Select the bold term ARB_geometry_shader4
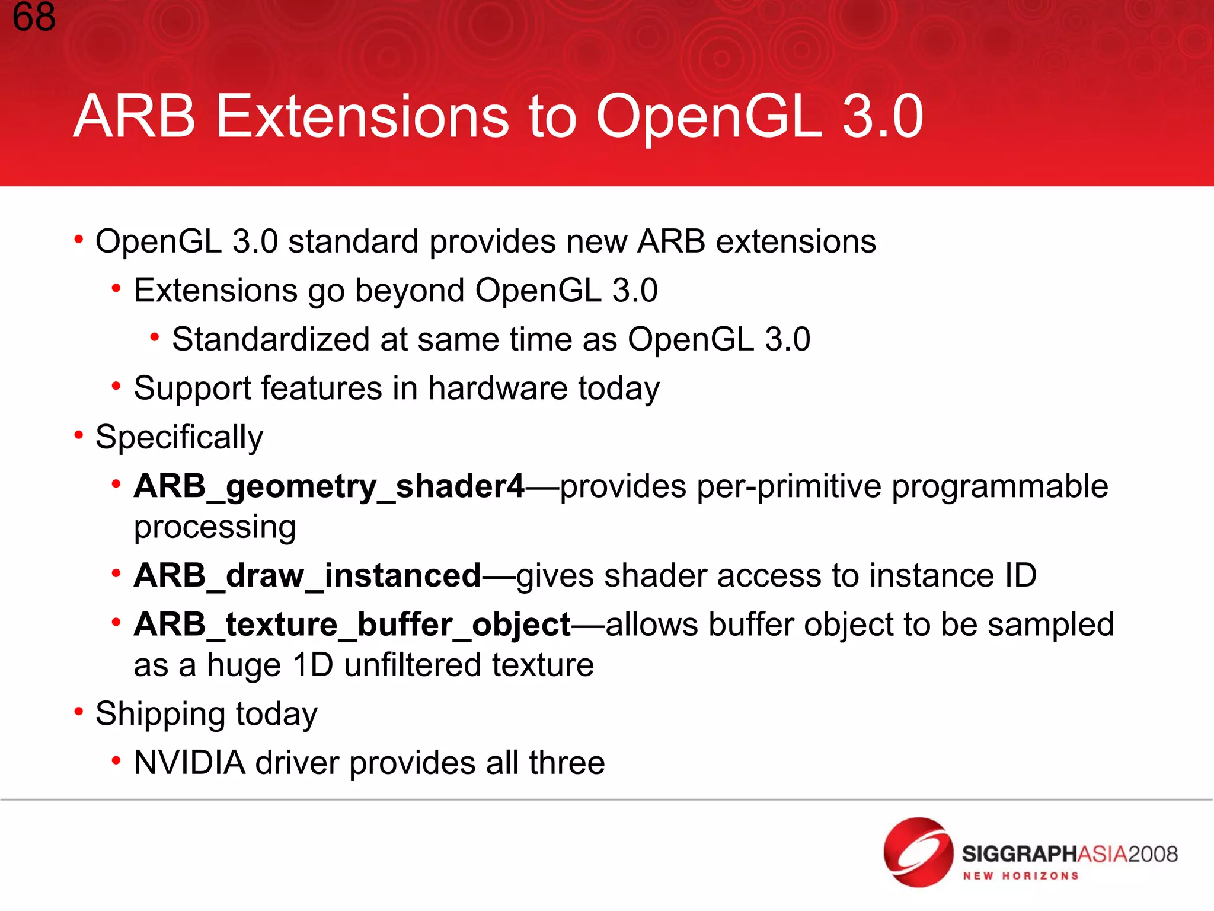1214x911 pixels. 329,487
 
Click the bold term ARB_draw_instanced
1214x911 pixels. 307,576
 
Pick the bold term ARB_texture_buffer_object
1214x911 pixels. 352,625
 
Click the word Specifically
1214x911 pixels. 179,438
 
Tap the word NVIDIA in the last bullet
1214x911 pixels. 190,763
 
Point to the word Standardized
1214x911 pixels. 271,339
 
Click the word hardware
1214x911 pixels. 498,388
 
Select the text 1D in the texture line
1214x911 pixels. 313,665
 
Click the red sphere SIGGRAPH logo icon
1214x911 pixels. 918,852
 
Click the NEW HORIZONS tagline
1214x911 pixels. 1020,876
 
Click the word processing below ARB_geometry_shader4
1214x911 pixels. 215,527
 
